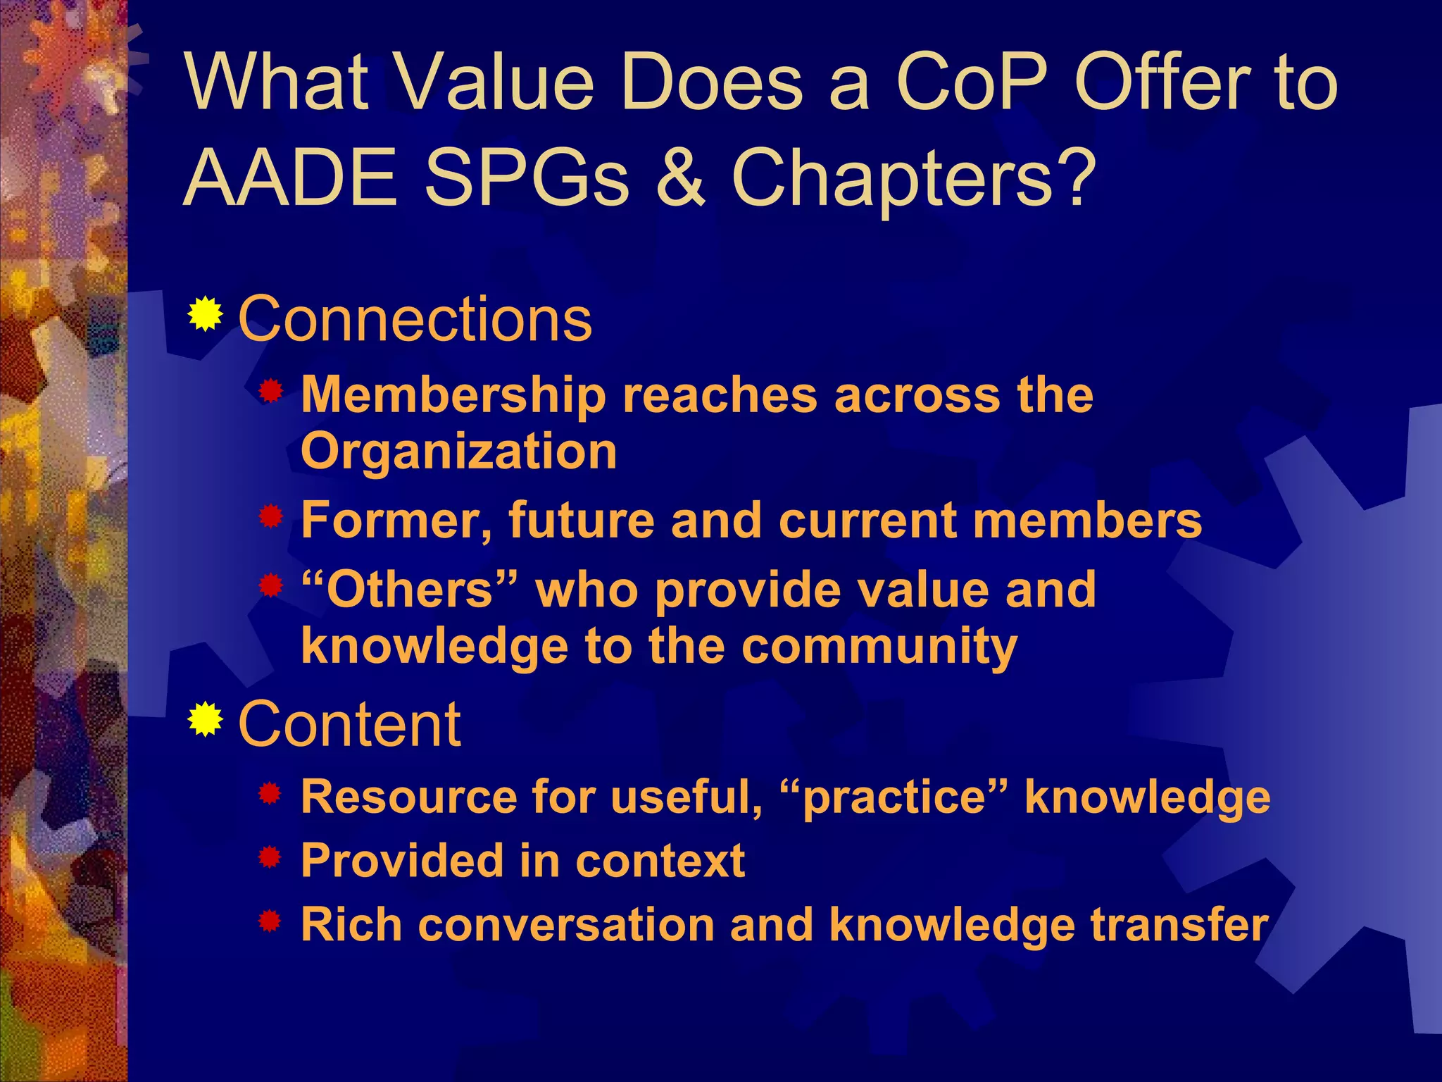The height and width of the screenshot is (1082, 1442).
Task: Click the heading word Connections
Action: (x=415, y=319)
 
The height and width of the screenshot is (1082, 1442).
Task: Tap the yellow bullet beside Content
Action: (x=205, y=719)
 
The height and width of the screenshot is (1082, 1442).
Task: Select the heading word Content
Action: (x=350, y=724)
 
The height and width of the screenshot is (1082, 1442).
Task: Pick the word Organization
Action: (x=459, y=452)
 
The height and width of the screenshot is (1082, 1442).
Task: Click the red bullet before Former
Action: (x=270, y=518)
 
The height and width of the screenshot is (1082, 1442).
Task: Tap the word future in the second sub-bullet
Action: (x=580, y=521)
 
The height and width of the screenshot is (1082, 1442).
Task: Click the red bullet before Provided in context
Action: (x=270, y=859)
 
